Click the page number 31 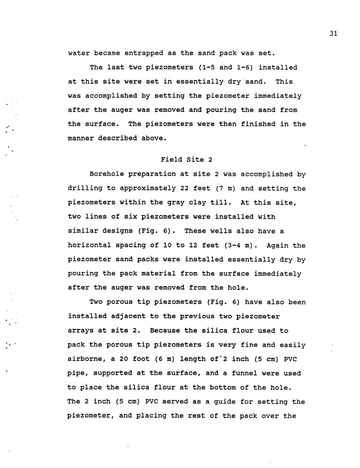click(333, 33)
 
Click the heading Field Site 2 click(186, 159)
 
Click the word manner click(81, 138)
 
